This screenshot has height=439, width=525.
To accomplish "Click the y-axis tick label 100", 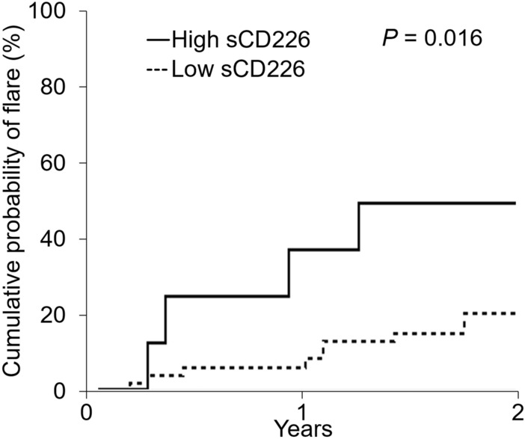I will pos(54,12).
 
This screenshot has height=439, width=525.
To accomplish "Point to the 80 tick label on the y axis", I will pos(59,88).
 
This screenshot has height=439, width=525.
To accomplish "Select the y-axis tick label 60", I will pos(59,163).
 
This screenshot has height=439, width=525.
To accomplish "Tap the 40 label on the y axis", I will pos(59,239).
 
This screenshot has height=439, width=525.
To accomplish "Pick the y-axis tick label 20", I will pos(59,316).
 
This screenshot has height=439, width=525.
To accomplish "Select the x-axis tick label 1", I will pos(301,413).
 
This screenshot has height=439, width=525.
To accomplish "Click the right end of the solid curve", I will pos(515,203).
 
